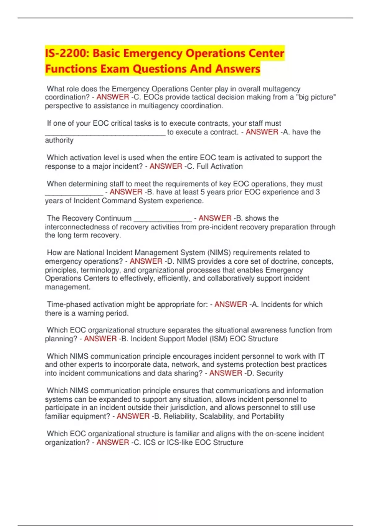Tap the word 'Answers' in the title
(x=238, y=69)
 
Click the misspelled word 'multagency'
(x=281, y=89)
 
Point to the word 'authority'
(x=59, y=140)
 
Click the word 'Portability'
(x=268, y=416)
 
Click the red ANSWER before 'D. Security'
(x=226, y=373)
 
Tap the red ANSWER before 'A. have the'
(x=262, y=132)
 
